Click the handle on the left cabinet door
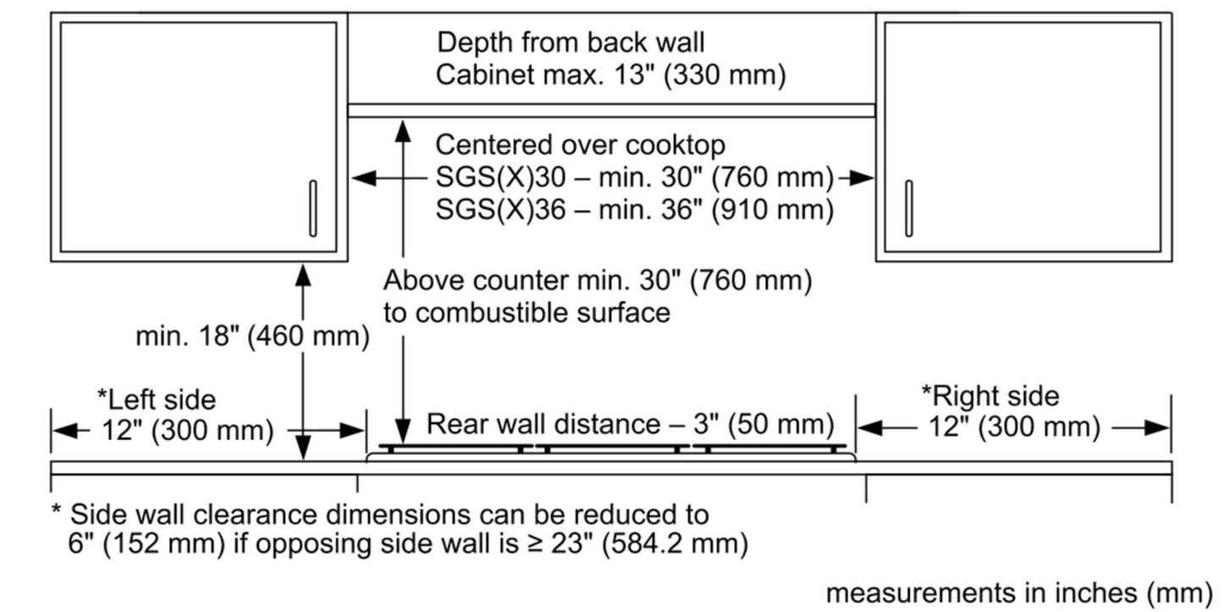click(313, 207)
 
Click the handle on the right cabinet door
click(909, 207)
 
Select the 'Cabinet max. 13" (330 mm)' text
click(610, 74)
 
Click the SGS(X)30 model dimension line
click(630, 178)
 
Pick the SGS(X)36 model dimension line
click(634, 209)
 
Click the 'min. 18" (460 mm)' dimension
click(252, 336)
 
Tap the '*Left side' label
click(157, 398)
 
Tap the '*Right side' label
click(989, 395)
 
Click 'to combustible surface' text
click(526, 312)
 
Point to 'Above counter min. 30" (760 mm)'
click(597, 279)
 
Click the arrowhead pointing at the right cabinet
click(862, 178)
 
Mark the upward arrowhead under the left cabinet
click(303, 275)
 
